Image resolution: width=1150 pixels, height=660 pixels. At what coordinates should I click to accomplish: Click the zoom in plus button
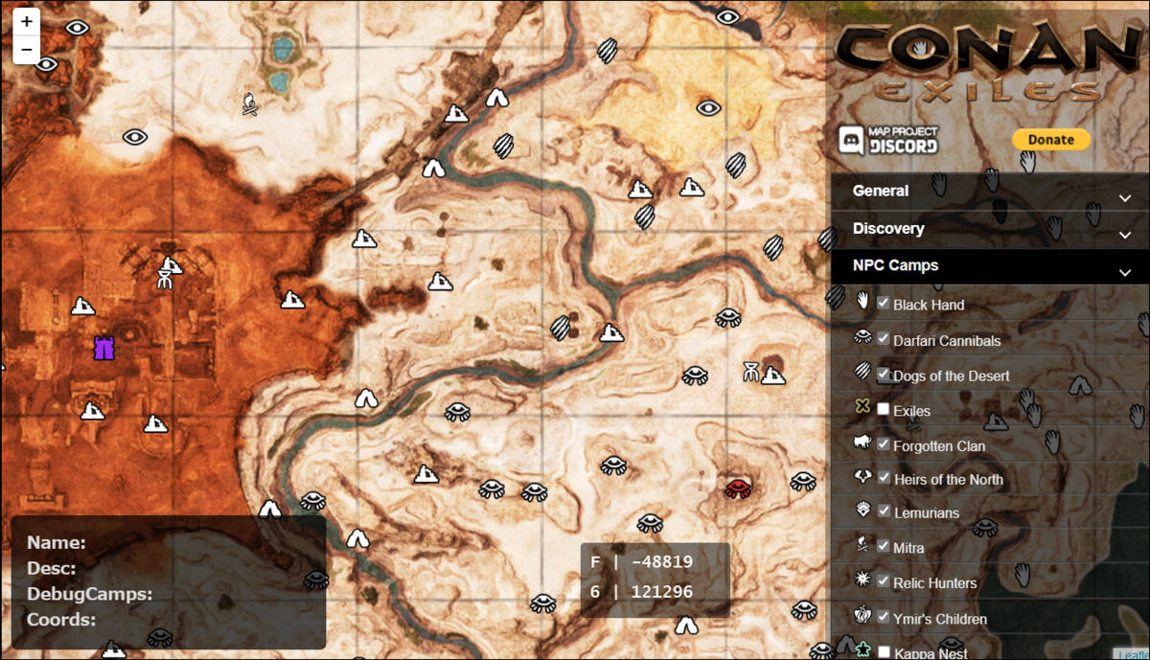pyautogui.click(x=26, y=20)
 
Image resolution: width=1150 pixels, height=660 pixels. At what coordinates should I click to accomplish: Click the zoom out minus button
pyautogui.click(x=26, y=49)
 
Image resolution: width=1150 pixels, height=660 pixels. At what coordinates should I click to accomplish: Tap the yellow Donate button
pyautogui.click(x=1050, y=140)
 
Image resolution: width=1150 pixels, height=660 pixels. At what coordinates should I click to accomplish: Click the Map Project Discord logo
pyautogui.click(x=888, y=140)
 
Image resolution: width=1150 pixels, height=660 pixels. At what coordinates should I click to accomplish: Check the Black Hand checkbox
pyautogui.click(x=884, y=304)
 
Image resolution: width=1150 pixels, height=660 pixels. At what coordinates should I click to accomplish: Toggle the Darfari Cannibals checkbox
pyautogui.click(x=884, y=339)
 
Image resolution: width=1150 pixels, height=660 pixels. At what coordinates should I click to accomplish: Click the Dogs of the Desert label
pyautogui.click(x=951, y=376)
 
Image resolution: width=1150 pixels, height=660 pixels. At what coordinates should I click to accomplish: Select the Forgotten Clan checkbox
pyautogui.click(x=884, y=444)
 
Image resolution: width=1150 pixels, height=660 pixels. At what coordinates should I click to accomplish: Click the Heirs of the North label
pyautogui.click(x=948, y=480)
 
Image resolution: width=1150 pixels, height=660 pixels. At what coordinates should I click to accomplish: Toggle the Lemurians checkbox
pyautogui.click(x=884, y=512)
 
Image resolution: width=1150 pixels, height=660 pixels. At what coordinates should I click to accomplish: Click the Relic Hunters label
pyautogui.click(x=934, y=583)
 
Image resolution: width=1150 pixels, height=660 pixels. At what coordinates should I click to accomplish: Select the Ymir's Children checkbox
pyautogui.click(x=884, y=617)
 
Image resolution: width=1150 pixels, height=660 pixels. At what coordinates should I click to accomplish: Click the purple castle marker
pyautogui.click(x=103, y=348)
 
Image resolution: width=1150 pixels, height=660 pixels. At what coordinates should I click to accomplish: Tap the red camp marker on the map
pyautogui.click(x=736, y=489)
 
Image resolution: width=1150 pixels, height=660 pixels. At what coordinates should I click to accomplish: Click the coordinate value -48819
pyautogui.click(x=661, y=562)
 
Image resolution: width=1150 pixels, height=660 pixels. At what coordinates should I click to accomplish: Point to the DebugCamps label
pyautogui.click(x=90, y=594)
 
